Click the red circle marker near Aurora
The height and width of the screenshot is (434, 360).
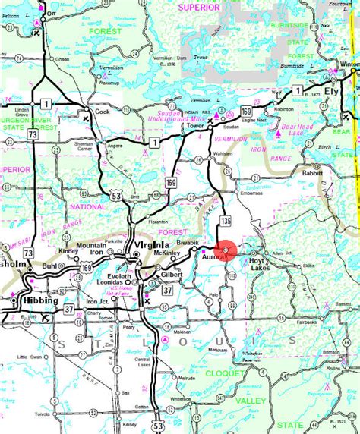point(227,250)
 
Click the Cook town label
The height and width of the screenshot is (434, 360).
point(103,111)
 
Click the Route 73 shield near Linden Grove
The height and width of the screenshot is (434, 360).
point(33,134)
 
